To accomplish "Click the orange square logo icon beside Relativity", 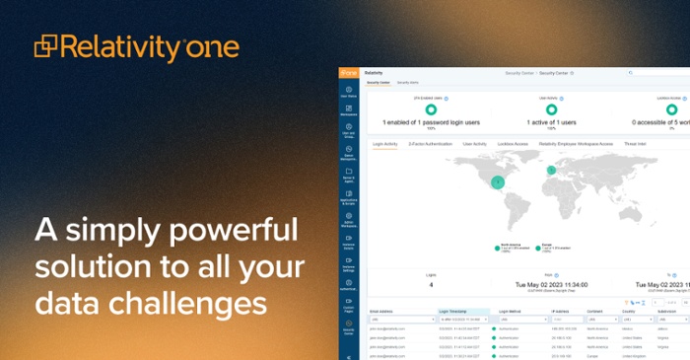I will (x=46, y=46).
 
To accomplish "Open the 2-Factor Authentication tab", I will (x=430, y=144).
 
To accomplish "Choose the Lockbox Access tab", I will (x=514, y=144).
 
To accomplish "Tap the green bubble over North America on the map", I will (x=499, y=181).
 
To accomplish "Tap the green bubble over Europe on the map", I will (x=551, y=171).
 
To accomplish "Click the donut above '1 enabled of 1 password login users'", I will (x=431, y=109).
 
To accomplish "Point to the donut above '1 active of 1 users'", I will (x=550, y=109).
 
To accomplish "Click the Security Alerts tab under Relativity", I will (x=407, y=83).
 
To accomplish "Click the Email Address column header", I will (x=381, y=311).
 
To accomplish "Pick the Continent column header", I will (x=597, y=311).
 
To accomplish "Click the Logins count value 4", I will (x=431, y=286).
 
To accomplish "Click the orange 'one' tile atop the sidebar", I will (x=349, y=73).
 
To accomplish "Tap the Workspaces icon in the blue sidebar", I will (x=349, y=112).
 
